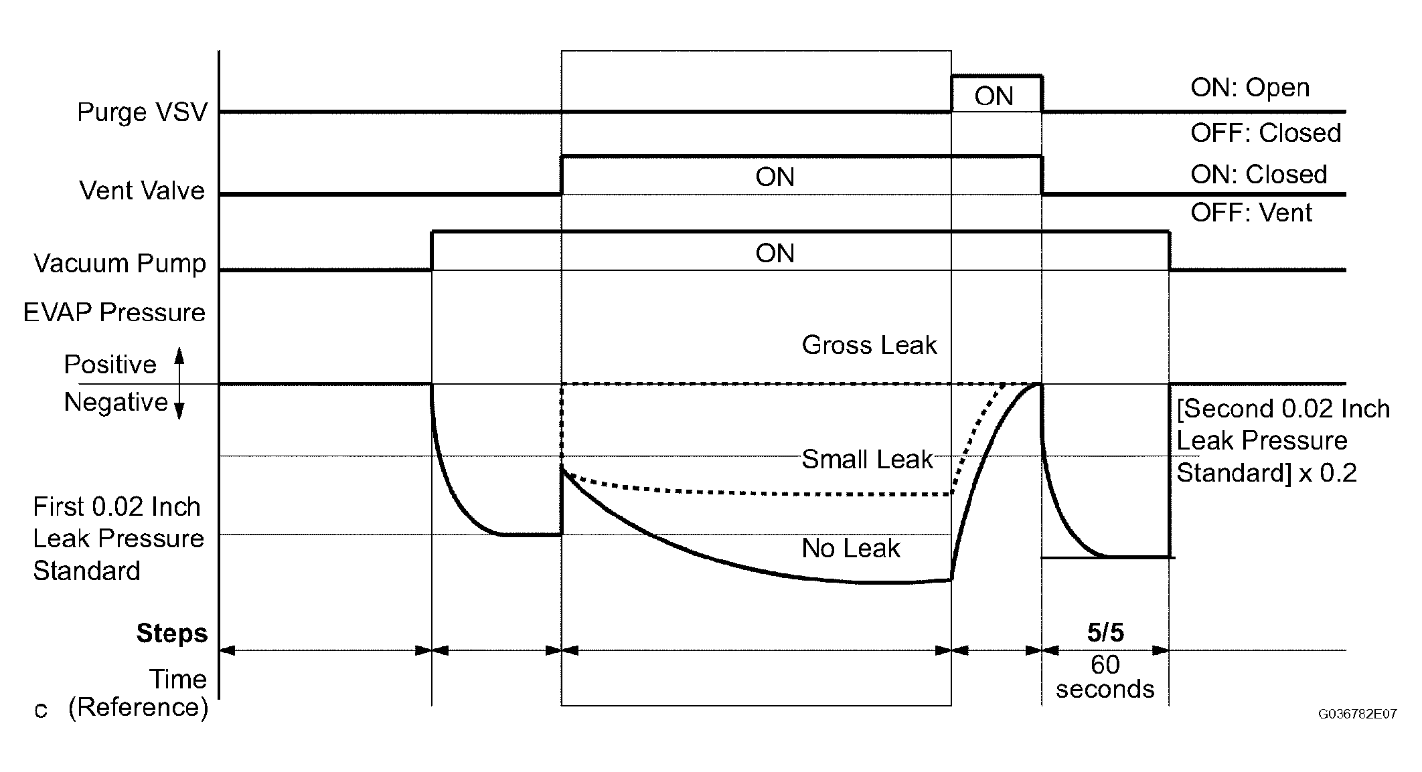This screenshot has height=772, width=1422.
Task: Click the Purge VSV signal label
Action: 142,112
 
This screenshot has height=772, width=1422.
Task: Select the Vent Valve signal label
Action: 142,191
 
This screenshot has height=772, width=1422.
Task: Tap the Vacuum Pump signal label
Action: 120,264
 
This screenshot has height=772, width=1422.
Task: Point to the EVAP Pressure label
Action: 114,312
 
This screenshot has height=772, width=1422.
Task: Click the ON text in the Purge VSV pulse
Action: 994,97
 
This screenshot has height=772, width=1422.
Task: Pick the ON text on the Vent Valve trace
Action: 775,177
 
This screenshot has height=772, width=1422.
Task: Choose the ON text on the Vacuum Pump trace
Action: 775,254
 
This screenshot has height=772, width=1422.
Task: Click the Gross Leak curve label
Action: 869,345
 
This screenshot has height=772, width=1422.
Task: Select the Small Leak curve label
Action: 867,460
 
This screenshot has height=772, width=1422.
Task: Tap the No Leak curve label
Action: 851,549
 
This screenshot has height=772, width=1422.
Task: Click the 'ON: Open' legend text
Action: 1250,88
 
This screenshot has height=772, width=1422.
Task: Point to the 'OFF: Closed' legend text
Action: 1265,133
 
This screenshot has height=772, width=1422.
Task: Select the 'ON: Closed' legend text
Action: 1259,175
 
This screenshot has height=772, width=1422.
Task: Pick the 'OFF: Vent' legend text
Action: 1251,213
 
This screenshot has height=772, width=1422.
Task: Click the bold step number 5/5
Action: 1105,632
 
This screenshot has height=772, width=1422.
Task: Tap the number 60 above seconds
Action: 1105,665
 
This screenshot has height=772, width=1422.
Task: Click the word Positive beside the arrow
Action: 110,365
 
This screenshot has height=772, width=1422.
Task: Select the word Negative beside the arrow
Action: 116,402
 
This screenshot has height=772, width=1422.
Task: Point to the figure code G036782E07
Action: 1357,714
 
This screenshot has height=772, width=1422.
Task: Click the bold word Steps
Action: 172,633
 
